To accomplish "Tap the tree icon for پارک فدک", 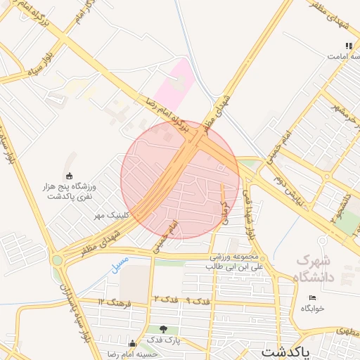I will click(x=163, y=329).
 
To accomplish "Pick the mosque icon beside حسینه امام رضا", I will click(x=132, y=344).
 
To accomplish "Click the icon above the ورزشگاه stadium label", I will click(x=69, y=176).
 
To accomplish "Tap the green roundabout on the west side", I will click(x=58, y=260).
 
